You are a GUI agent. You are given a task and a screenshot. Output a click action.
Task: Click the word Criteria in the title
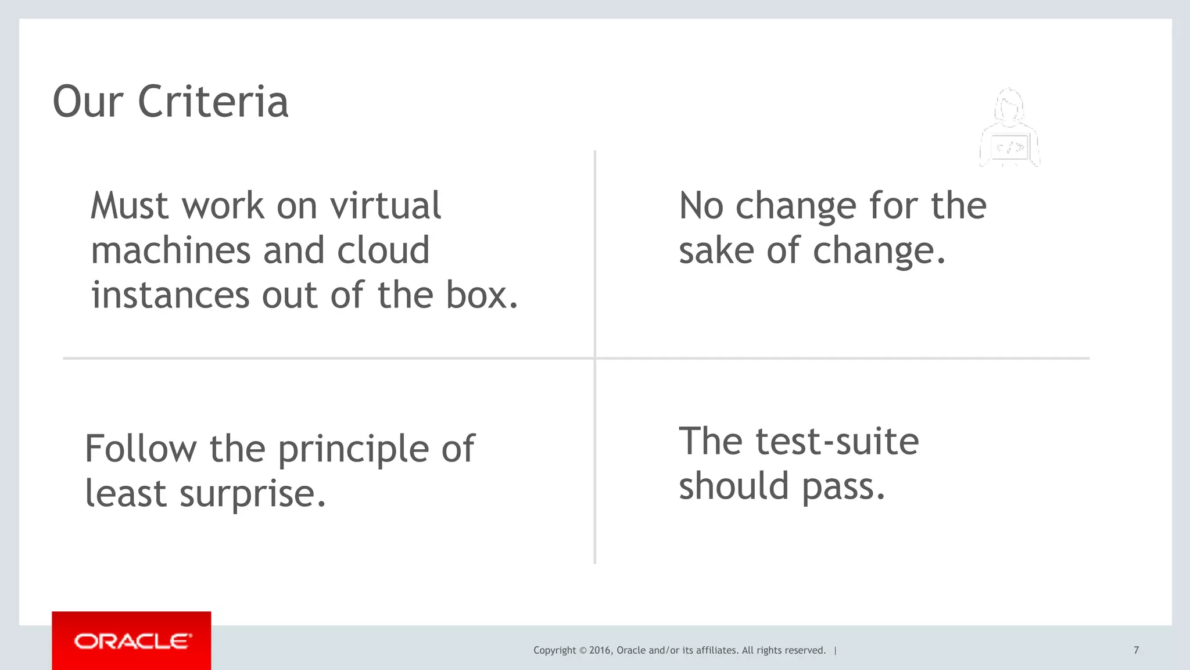click(213, 102)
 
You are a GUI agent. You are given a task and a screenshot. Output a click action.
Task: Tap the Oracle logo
click(132, 641)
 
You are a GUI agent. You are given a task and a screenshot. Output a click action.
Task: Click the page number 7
click(1136, 650)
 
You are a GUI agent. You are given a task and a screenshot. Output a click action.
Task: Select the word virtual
click(385, 206)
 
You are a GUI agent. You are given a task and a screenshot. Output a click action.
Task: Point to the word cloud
click(383, 250)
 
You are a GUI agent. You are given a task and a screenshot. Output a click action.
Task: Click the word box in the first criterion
click(481, 295)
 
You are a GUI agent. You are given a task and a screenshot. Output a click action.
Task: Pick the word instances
click(170, 295)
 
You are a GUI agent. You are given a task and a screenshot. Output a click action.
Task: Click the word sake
click(716, 250)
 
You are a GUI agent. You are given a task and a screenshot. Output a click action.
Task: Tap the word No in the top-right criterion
click(701, 206)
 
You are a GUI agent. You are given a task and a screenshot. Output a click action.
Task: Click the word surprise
click(252, 494)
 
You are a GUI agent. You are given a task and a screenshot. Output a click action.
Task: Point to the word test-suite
click(837, 442)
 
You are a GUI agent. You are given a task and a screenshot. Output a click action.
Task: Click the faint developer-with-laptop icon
click(1009, 129)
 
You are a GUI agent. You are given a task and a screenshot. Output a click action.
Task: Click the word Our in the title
click(88, 102)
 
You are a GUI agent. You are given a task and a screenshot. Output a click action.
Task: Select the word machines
click(170, 250)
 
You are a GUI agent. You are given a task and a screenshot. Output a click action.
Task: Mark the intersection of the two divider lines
click(595, 358)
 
